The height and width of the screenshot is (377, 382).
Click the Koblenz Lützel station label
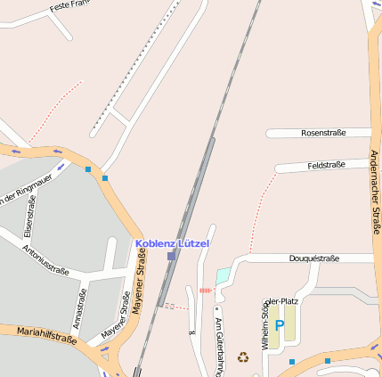click(x=172, y=243)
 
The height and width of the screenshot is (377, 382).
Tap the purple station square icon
click(x=171, y=256)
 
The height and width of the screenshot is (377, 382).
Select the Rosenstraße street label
click(x=322, y=133)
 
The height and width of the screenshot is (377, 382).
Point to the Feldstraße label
click(x=326, y=165)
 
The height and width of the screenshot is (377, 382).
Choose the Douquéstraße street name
click(x=314, y=258)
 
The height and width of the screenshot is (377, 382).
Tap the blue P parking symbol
click(x=280, y=326)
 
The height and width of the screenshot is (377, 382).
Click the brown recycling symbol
click(x=242, y=357)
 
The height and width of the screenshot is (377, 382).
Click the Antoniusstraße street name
click(x=45, y=258)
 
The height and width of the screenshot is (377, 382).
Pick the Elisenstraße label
click(x=30, y=226)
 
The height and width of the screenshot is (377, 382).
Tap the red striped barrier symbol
click(x=207, y=291)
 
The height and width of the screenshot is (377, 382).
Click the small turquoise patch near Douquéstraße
click(x=223, y=275)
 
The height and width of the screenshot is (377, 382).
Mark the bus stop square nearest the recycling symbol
click(x=292, y=362)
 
